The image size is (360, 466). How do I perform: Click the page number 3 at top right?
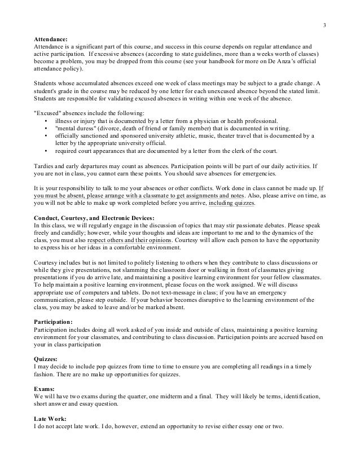324,25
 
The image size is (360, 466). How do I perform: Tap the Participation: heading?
53,321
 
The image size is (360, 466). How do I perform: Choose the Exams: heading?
45,389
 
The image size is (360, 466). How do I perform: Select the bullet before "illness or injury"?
45,120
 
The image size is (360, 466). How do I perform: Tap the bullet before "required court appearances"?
45,151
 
